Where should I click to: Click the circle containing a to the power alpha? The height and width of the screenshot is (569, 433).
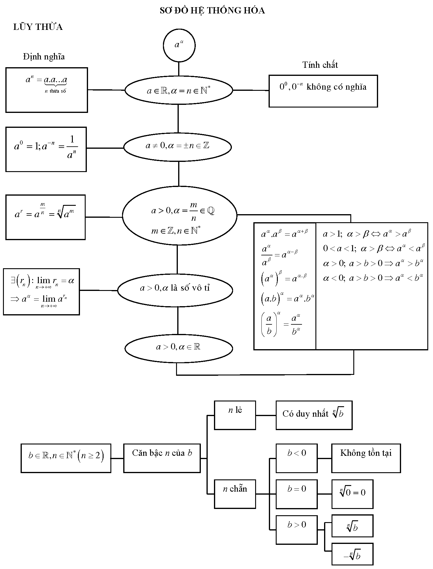179,45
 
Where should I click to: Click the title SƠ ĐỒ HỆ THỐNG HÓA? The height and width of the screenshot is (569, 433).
212,11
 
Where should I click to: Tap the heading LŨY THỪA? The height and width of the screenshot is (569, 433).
38,27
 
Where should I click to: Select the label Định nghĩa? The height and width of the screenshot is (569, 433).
44,57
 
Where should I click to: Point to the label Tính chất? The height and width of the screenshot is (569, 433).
320,65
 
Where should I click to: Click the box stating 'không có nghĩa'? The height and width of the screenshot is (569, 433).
323,91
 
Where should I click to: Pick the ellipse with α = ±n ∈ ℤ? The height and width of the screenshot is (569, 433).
178,147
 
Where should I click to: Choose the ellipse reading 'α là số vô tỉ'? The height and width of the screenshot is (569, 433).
175,290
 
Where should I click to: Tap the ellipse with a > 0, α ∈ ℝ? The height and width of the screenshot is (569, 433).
178,348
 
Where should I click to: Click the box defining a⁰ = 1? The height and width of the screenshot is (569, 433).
46,149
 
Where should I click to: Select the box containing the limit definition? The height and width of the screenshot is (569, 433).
41,292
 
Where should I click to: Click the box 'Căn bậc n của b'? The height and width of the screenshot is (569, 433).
162,458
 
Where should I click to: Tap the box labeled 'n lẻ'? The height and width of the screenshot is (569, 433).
235,415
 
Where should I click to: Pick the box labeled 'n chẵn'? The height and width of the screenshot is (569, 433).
235,494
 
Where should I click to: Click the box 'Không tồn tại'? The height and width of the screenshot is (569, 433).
366,458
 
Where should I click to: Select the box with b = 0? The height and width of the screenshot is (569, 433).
296,494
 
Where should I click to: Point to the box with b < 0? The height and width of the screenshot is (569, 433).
296,458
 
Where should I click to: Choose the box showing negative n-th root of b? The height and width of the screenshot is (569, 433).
352,554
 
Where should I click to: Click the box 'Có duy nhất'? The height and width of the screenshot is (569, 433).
314,415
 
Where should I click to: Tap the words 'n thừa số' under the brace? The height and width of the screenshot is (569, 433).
55,91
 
